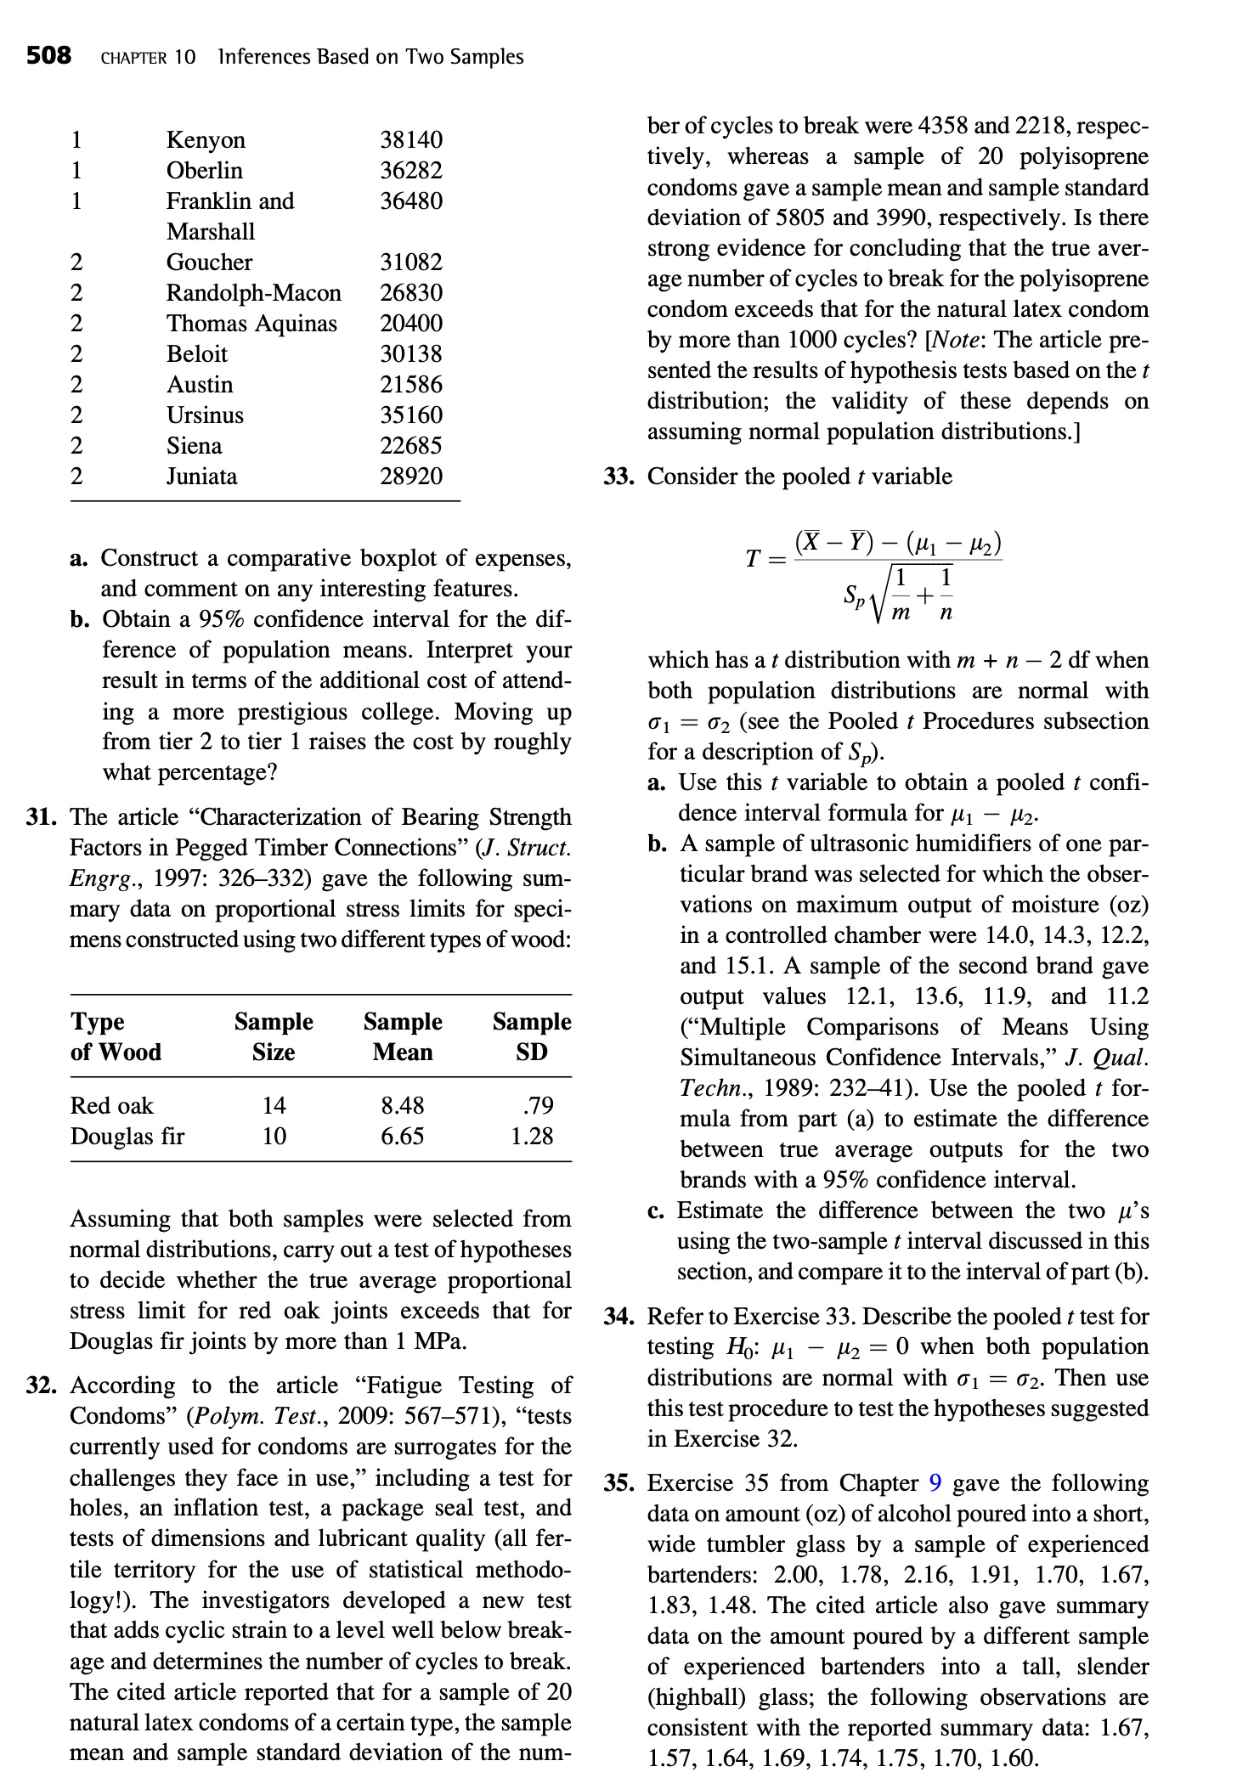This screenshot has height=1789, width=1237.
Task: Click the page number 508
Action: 48,57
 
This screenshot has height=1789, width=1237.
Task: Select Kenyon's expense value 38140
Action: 411,139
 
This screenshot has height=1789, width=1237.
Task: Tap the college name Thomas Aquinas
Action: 251,324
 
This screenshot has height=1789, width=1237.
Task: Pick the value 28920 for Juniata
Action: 411,477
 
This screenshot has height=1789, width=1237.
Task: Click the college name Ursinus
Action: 205,415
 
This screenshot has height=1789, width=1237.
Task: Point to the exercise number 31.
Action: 40,817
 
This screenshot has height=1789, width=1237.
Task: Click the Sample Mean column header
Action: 403,1036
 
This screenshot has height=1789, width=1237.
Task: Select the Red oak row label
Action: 111,1105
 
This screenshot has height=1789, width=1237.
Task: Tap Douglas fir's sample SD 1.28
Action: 532,1136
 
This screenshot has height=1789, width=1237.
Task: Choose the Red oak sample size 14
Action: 274,1105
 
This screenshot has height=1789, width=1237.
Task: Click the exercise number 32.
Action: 40,1385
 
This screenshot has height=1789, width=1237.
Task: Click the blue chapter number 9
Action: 935,1483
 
